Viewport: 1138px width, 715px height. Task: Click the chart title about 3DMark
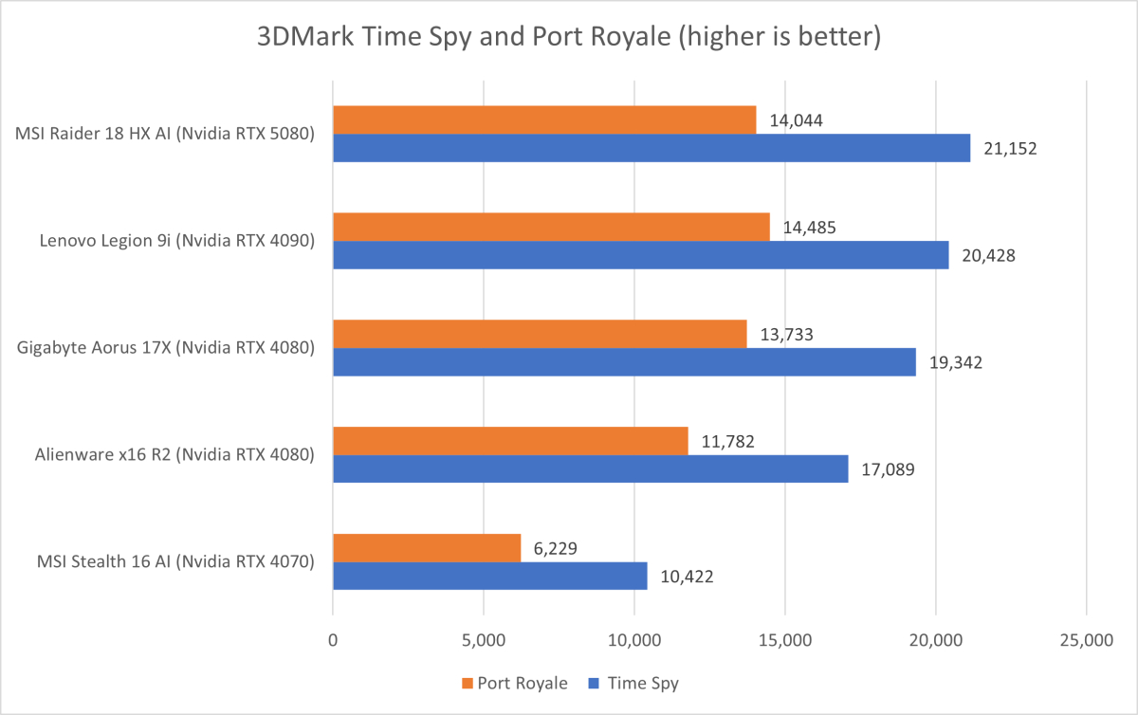[569, 38]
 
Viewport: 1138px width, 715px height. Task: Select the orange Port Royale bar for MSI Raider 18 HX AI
[544, 119]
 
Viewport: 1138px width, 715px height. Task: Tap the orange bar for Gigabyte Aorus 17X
[540, 334]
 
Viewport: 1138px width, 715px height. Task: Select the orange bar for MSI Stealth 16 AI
[427, 548]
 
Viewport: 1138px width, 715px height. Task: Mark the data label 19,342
[955, 362]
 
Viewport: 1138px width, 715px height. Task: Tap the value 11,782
[727, 441]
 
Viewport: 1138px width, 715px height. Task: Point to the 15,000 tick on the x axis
[785, 641]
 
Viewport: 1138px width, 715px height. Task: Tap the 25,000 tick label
[1086, 641]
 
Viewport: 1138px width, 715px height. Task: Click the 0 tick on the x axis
[333, 641]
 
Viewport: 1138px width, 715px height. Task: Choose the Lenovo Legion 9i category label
[176, 241]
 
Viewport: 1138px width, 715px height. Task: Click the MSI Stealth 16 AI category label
[165, 561]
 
